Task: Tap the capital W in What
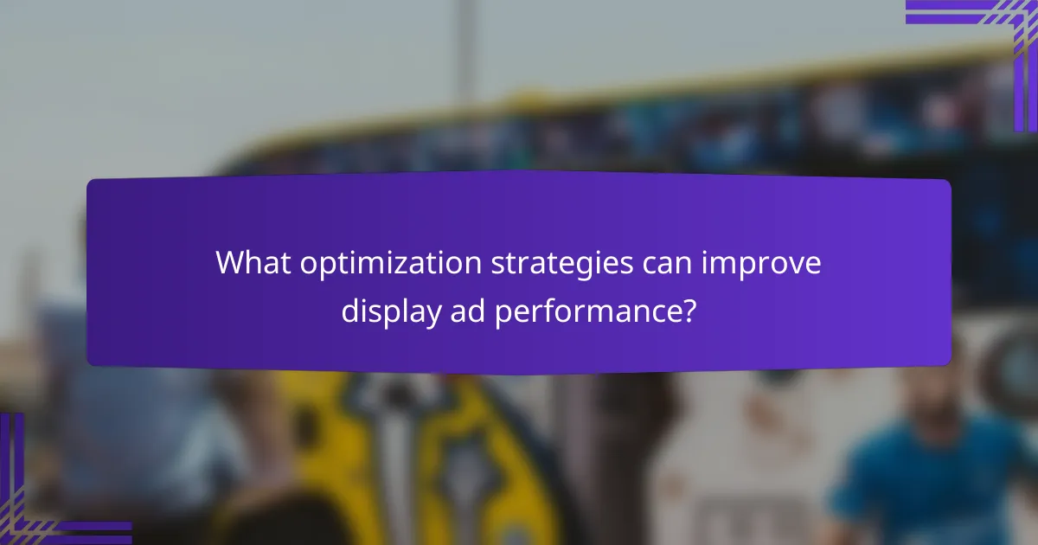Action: pyautogui.click(x=230, y=262)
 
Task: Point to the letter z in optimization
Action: pyautogui.click(x=415, y=263)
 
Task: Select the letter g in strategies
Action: pyautogui.click(x=582, y=266)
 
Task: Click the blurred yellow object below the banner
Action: pyautogui.click(x=432, y=450)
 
